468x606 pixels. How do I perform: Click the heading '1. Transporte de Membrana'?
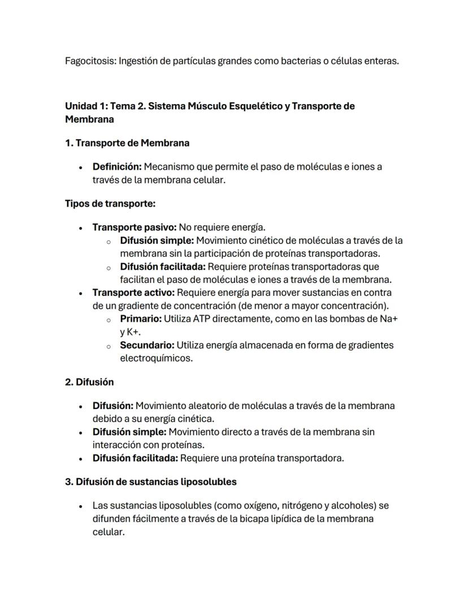click(x=127, y=143)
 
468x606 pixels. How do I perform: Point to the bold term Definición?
click(x=117, y=167)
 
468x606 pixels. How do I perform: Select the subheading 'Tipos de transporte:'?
click(x=110, y=203)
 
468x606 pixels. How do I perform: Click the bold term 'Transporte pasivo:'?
click(x=135, y=227)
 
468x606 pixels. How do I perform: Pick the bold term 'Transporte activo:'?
click(x=134, y=293)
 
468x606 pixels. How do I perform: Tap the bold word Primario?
click(x=141, y=319)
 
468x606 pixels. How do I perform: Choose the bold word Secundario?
click(x=147, y=345)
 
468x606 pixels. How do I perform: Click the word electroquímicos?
click(x=156, y=358)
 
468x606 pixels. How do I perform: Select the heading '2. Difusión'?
click(x=89, y=382)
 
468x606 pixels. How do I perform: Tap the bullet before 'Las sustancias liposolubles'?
click(x=81, y=506)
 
